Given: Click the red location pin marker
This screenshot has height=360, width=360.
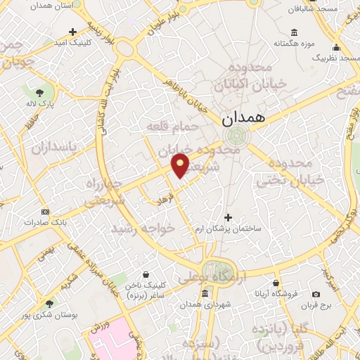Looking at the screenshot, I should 181,166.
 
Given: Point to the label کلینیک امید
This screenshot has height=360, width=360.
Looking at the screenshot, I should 72,43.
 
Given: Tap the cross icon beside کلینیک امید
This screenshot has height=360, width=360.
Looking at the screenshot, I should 73,32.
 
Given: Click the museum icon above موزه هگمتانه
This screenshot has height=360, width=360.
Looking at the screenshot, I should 294,32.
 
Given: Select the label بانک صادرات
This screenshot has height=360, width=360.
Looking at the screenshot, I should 45,221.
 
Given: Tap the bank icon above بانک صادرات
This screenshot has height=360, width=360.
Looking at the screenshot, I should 46,211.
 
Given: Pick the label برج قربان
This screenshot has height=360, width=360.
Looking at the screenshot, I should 316,304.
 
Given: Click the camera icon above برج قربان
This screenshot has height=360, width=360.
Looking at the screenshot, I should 316,293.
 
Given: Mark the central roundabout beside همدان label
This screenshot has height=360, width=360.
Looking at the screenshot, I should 236,136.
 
